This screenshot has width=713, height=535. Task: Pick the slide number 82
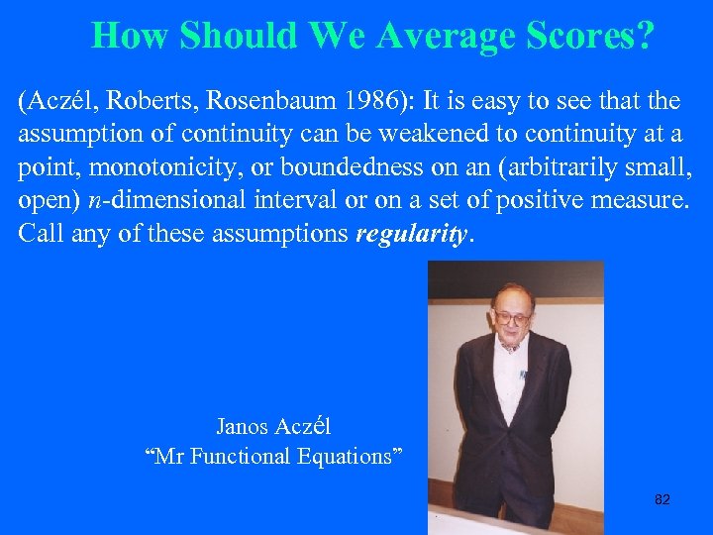pos(662,499)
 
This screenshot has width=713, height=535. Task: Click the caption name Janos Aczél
pos(273,427)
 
